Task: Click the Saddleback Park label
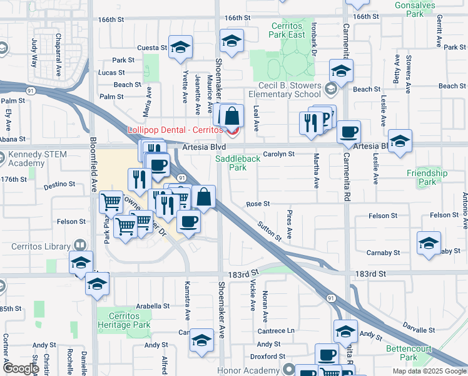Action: (x=238, y=163)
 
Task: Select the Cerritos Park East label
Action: (x=287, y=30)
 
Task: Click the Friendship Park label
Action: (x=427, y=177)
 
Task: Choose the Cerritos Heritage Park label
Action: (x=124, y=320)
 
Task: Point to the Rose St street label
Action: (x=258, y=204)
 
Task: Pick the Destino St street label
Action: (x=59, y=185)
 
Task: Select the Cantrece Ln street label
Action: (x=278, y=330)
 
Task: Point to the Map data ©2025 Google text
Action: (x=429, y=371)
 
